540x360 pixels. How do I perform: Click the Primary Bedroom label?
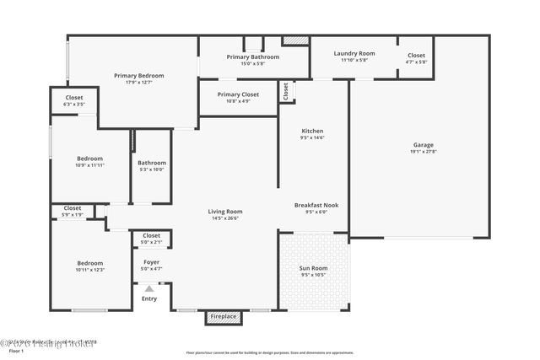(139, 76)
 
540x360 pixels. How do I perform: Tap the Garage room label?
(424, 145)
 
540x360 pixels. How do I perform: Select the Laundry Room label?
(354, 53)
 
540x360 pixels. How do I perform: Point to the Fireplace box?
(224, 317)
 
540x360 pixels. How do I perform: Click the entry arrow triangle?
(149, 289)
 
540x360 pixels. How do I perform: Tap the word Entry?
(149, 298)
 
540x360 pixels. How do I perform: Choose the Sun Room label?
(314, 269)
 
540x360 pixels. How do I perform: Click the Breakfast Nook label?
(316, 205)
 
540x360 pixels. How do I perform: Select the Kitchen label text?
(313, 132)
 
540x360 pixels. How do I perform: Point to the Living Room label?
(225, 211)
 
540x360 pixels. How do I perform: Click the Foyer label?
(152, 262)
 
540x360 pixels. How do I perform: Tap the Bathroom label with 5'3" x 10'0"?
(152, 163)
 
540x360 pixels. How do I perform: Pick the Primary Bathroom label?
(252, 56)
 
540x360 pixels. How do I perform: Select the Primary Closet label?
(238, 94)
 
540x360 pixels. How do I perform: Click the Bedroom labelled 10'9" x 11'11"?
(90, 159)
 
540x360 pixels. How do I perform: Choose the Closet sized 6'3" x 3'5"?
(74, 98)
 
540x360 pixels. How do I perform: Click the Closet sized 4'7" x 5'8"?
(417, 56)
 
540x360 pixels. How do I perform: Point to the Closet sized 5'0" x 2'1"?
(152, 236)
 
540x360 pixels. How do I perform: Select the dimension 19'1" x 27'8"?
(424, 152)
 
